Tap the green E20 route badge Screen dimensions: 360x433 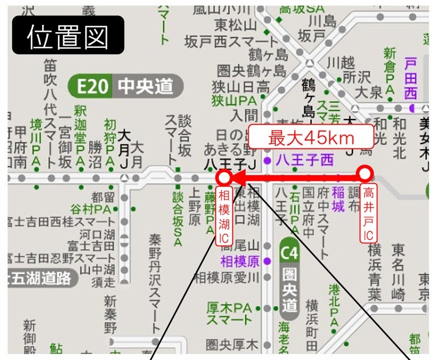tap(91, 87)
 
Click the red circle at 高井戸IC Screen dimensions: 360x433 tap(365, 174)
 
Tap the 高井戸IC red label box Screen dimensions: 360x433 tap(368, 214)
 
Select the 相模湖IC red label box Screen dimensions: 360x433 tap(224, 217)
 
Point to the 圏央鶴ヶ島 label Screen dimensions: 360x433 tap(251, 71)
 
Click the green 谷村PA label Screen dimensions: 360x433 tap(90, 209)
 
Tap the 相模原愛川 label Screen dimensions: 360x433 tap(226, 277)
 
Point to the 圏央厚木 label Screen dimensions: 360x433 tap(232, 344)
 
